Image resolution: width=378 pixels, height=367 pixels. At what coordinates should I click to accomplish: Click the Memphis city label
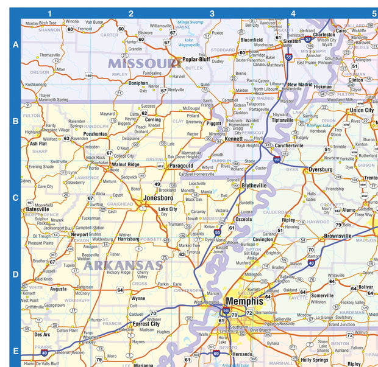(244, 301)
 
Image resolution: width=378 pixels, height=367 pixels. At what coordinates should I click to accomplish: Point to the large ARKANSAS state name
(123, 265)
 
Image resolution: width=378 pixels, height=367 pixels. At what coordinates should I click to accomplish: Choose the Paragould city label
(181, 165)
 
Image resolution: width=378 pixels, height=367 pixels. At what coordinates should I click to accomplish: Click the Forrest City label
(146, 324)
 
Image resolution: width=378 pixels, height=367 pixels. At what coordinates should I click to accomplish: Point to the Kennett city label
(234, 139)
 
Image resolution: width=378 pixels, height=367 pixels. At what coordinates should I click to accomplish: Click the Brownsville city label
(337, 236)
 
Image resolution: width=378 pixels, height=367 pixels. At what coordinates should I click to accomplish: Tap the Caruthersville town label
(289, 146)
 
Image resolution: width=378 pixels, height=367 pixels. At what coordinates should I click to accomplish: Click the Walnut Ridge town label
(125, 164)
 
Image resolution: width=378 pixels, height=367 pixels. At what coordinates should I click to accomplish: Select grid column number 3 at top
(212, 13)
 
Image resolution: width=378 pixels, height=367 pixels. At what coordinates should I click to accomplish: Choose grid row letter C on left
(15, 198)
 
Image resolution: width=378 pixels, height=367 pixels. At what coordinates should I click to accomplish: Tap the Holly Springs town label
(313, 360)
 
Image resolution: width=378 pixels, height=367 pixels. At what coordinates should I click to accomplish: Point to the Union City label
(362, 110)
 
